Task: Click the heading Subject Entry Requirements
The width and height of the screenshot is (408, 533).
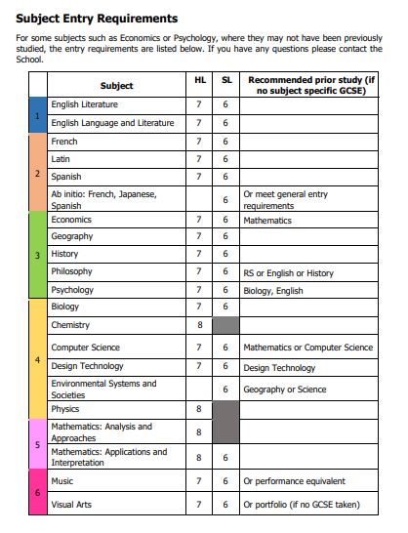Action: pos(97,18)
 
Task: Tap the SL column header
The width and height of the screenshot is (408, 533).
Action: pos(225,78)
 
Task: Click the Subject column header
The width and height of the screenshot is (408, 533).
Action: pos(116,86)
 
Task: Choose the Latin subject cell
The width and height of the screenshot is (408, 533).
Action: pos(61,158)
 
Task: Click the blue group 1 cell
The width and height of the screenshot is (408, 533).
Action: pos(37,113)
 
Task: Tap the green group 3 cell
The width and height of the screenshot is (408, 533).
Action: pos(37,255)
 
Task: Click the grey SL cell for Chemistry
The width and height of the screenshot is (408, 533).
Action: pos(225,325)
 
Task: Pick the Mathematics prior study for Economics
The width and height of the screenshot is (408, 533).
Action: pos(267,221)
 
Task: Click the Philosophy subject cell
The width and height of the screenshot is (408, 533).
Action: pos(72,271)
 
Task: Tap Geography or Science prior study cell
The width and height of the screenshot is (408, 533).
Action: pos(285,389)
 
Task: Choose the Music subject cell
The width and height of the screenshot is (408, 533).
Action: pos(61,481)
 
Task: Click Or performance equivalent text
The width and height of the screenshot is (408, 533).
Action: pos(295,481)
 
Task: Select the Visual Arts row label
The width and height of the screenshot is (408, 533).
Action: pos(71,505)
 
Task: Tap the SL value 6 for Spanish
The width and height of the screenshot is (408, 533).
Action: pos(225,177)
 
